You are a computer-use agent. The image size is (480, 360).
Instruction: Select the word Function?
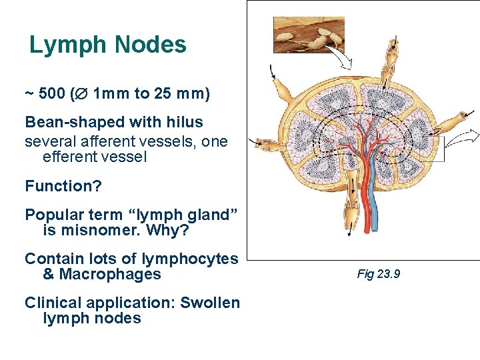(63, 186)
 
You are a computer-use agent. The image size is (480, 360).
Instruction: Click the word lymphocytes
(192, 259)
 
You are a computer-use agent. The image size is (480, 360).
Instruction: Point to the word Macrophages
(110, 275)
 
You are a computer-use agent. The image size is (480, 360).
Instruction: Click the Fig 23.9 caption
(379, 274)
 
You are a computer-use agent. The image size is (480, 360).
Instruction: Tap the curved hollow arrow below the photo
(341, 60)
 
